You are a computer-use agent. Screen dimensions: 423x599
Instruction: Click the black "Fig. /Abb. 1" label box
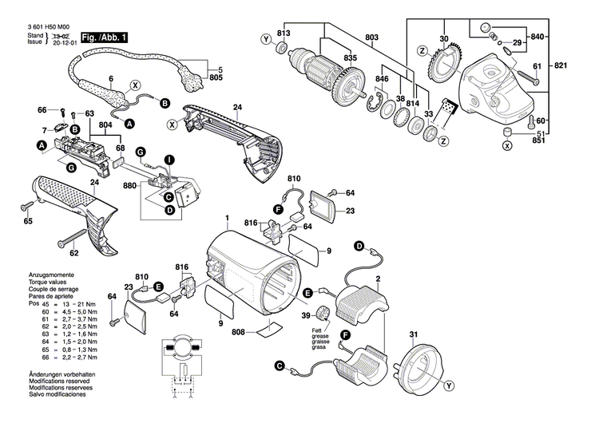(x=102, y=38)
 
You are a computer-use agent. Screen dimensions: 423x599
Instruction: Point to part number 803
(x=371, y=38)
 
